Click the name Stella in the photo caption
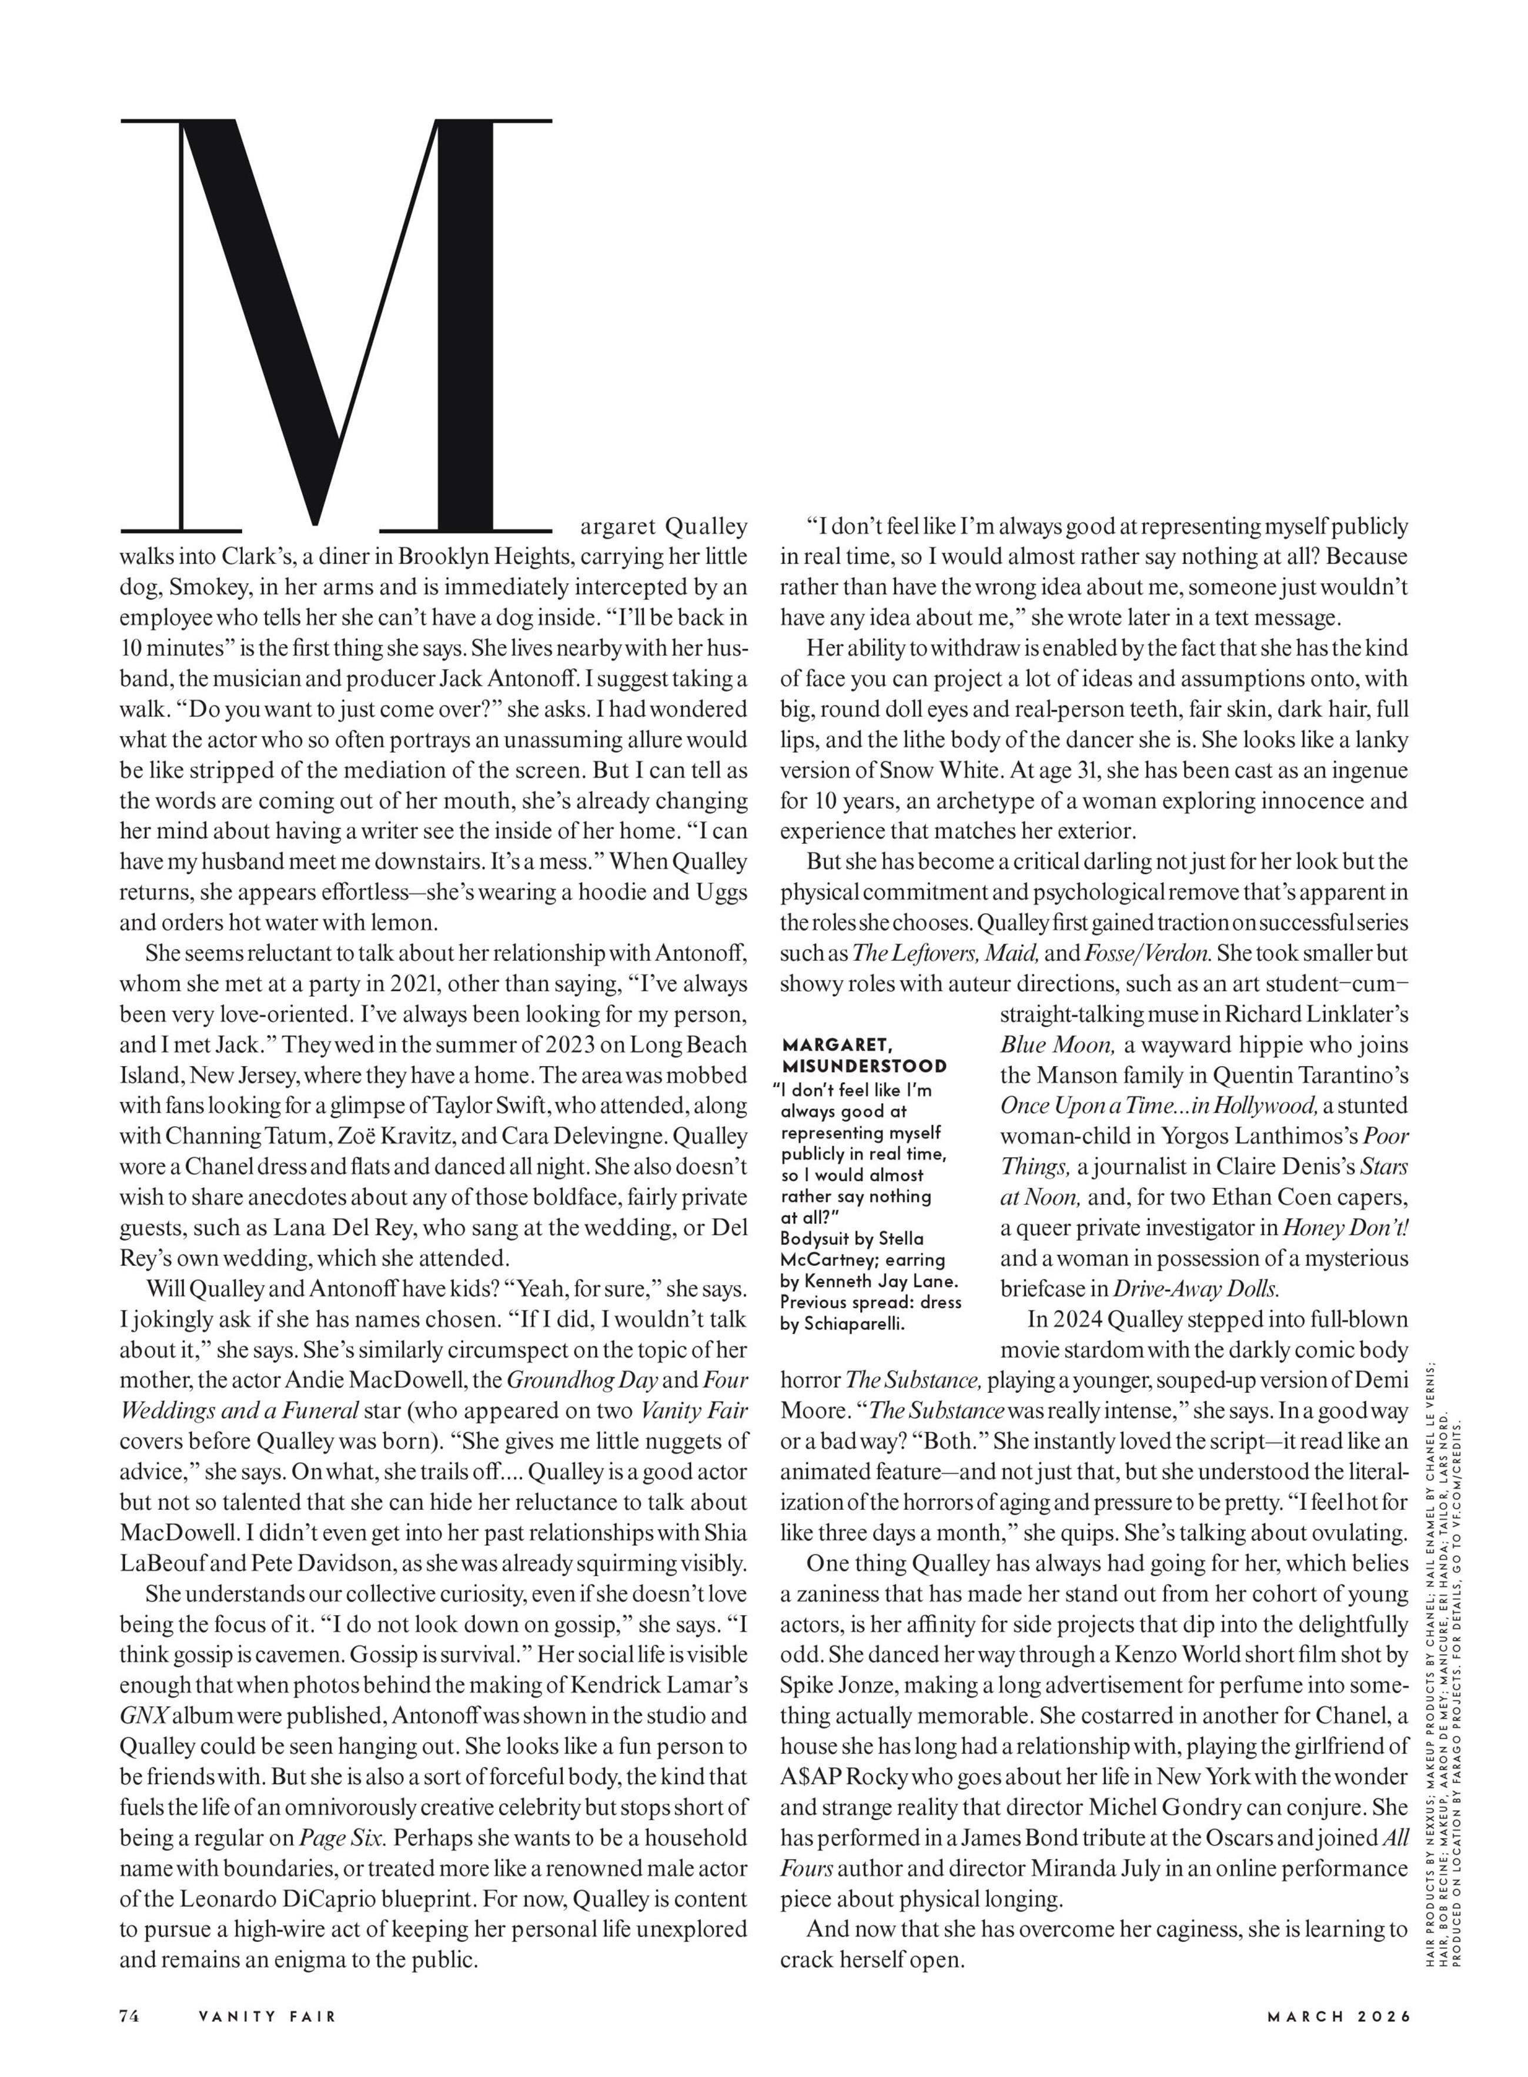pos(902,1238)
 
